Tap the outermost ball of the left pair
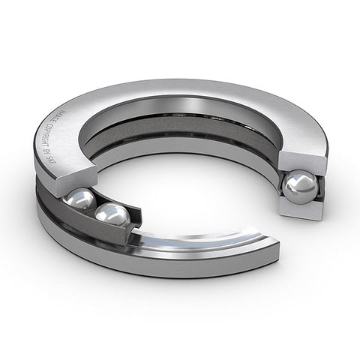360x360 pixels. [79, 202]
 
